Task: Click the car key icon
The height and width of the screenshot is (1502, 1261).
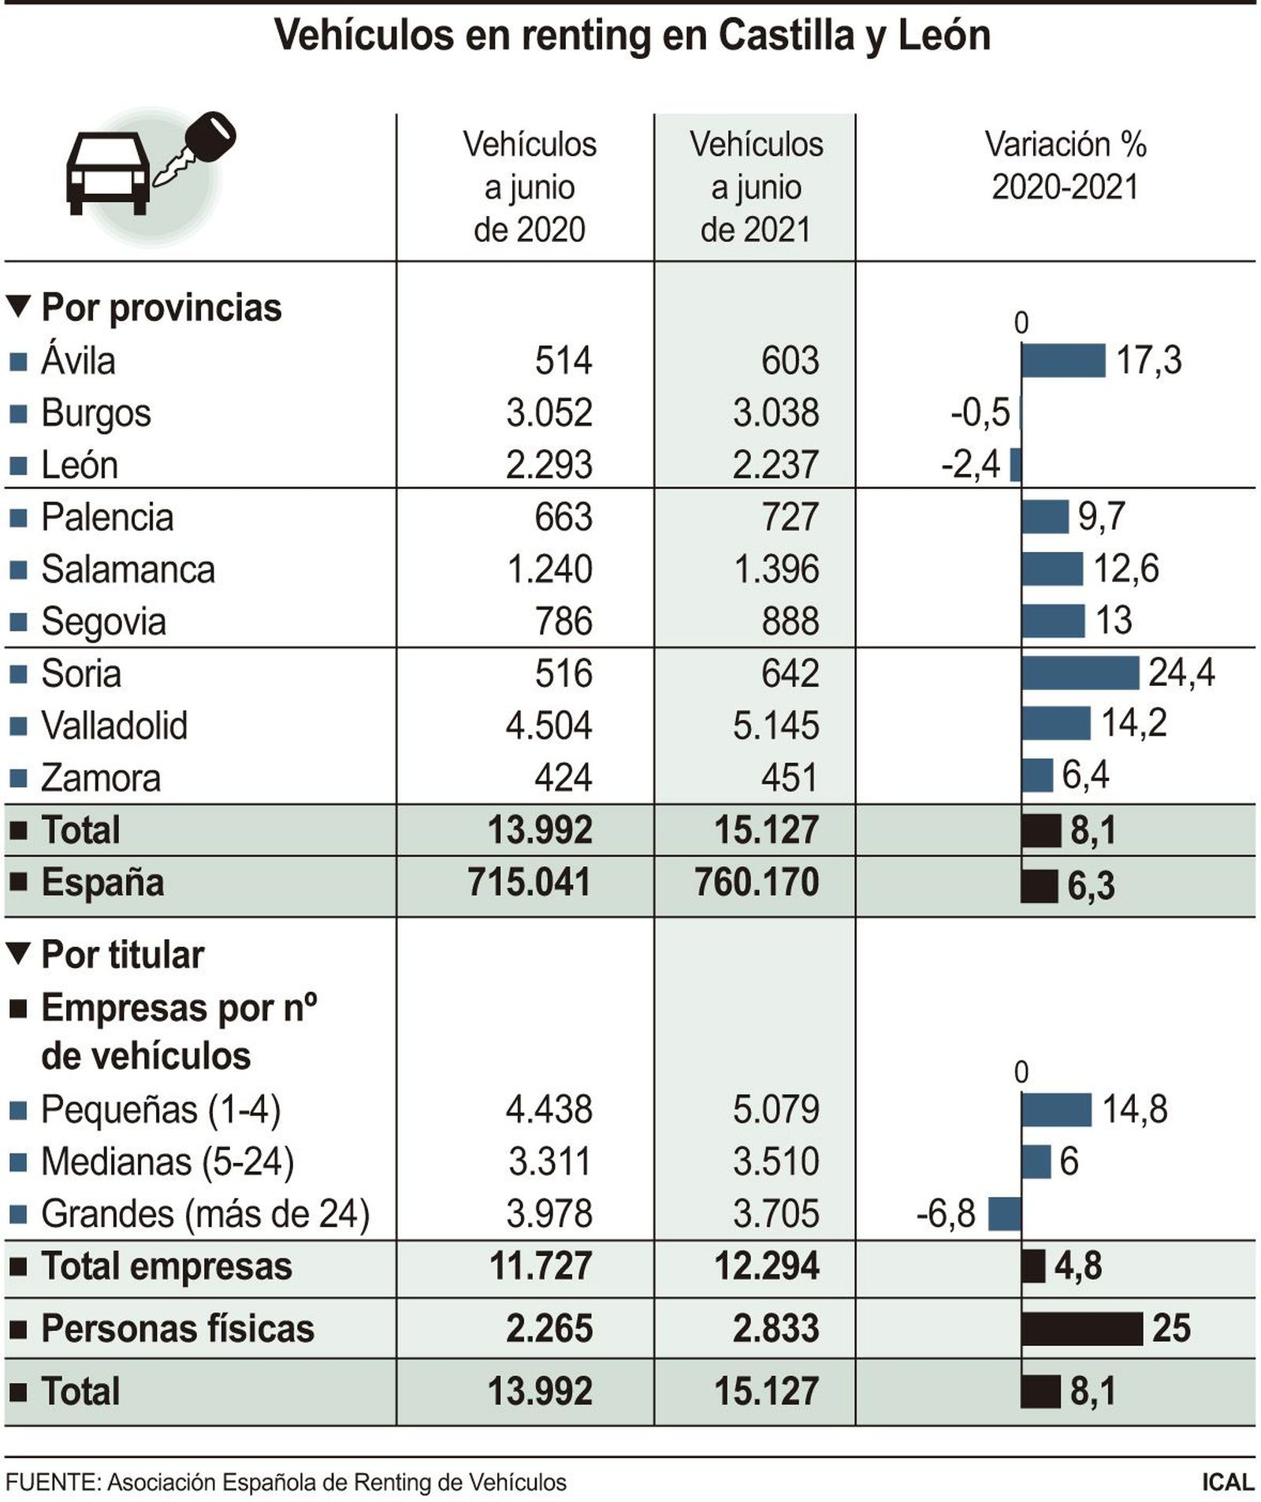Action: click(x=195, y=148)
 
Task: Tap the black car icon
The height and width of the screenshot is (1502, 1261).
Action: click(x=107, y=172)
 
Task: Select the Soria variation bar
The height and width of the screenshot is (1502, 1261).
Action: click(x=1079, y=673)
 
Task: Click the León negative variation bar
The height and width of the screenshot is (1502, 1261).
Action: click(x=1015, y=464)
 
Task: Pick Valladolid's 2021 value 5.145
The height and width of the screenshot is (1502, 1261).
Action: click(x=776, y=725)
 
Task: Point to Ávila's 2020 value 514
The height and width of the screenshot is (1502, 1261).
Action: click(x=563, y=360)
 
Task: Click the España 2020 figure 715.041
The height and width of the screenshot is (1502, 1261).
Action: click(x=529, y=881)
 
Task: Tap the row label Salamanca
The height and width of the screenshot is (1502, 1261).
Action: click(x=128, y=569)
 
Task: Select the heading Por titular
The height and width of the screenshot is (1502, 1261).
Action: click(x=122, y=955)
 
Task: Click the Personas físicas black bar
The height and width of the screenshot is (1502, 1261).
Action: click(x=1081, y=1329)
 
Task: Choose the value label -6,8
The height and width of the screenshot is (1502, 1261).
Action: click(x=945, y=1213)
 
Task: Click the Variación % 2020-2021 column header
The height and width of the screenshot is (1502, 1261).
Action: click(x=1065, y=166)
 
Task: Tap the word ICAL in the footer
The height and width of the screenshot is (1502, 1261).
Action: click(x=1227, y=1482)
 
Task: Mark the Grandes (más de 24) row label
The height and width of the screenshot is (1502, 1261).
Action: click(x=205, y=1213)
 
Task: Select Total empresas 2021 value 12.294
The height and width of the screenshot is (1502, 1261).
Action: click(x=766, y=1266)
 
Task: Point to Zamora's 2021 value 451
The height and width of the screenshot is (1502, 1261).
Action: click(x=790, y=777)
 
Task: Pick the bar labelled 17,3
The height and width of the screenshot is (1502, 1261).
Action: click(x=1062, y=360)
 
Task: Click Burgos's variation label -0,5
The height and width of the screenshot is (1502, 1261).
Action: click(x=980, y=412)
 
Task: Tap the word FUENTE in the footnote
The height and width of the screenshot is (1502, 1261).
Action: click(x=52, y=1482)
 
